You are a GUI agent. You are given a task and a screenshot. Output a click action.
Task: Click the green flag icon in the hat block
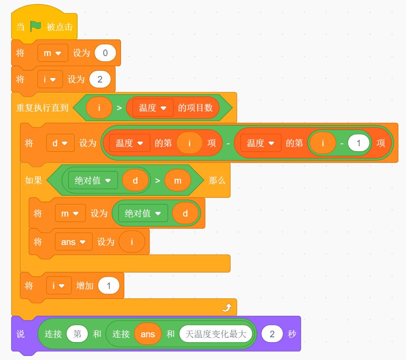tap(36, 26)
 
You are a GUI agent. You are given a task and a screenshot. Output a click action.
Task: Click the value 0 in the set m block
tap(105, 53)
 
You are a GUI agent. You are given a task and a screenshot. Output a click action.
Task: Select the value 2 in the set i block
tap(100, 79)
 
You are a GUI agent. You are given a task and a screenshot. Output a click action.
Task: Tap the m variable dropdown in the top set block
tap(53, 53)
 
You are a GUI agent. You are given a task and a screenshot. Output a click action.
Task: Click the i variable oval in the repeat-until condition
tap(99, 108)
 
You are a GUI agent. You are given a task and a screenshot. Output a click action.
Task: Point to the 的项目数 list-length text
tap(195, 108)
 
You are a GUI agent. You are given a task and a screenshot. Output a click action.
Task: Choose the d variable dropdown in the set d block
tap(60, 143)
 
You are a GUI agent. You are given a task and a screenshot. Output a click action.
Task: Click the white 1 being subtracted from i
tap(358, 143)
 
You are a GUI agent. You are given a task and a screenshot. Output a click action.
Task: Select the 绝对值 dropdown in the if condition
tap(93, 180)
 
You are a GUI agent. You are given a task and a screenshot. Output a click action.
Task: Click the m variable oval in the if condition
tap(178, 180)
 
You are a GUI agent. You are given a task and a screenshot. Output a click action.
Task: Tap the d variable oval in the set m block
tap(185, 213)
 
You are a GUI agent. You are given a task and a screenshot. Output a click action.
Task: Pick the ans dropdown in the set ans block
tap(74, 242)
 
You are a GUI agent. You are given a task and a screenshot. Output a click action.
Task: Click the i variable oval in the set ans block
tap(132, 242)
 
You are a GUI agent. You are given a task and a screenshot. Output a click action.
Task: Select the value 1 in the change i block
tap(109, 286)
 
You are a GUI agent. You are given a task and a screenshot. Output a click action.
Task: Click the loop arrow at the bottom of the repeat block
tap(227, 308)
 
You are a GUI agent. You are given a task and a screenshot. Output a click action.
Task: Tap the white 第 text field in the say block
tap(77, 334)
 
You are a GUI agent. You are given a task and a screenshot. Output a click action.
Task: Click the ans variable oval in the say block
tap(148, 334)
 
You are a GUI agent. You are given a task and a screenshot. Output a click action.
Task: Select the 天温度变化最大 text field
tap(216, 334)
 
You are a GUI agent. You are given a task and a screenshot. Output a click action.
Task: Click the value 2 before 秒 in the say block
tap(272, 334)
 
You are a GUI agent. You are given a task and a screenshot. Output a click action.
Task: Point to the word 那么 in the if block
tap(217, 180)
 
